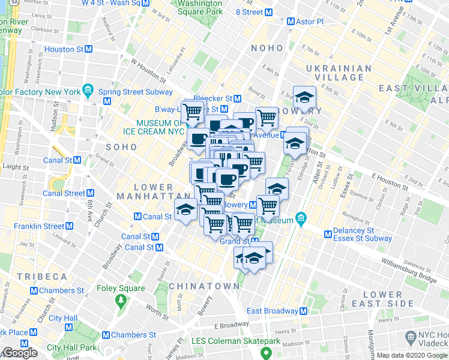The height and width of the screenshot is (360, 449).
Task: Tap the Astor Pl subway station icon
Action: click(x=291, y=22)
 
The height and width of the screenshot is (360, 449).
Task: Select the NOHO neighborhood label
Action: click(x=267, y=48)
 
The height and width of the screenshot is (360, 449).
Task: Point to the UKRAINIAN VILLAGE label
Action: click(x=339, y=73)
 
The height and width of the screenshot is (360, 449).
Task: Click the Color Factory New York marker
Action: click(x=88, y=92)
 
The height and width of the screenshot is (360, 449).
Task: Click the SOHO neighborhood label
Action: click(x=121, y=146)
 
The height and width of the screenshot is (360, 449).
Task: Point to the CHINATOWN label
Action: click(x=204, y=286)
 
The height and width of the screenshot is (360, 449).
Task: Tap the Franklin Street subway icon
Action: click(x=70, y=226)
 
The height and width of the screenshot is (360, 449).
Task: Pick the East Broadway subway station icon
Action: click(x=303, y=311)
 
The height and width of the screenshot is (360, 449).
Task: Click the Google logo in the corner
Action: click(x=20, y=353)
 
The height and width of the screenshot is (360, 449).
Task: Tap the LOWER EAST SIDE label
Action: click(x=382, y=300)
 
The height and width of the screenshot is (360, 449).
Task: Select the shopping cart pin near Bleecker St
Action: click(x=193, y=112)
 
